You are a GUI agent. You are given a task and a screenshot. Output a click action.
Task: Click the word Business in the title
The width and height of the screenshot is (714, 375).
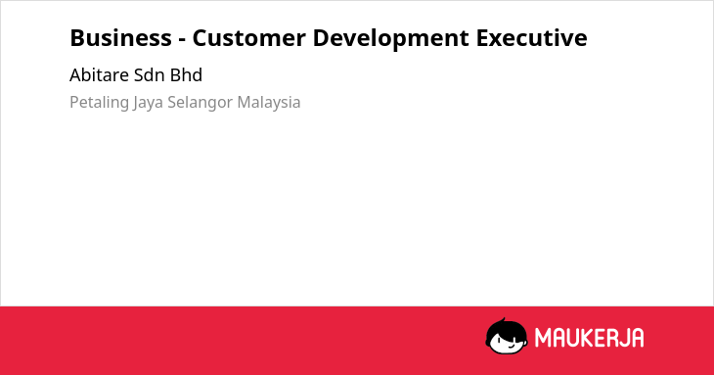[120, 38]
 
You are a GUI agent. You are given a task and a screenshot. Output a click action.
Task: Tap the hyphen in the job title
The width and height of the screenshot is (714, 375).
[182, 39]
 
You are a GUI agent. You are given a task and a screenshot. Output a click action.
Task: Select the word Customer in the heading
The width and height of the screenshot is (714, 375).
[249, 38]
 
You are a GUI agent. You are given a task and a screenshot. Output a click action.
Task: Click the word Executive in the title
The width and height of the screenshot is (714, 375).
[531, 38]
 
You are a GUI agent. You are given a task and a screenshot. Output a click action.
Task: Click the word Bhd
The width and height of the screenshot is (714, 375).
[186, 75]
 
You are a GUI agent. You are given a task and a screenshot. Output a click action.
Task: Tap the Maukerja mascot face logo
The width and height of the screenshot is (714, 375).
[507, 337]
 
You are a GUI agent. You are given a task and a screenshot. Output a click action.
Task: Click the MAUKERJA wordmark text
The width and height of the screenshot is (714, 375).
[589, 338]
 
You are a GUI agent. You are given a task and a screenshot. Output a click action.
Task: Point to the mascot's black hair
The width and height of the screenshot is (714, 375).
[506, 327]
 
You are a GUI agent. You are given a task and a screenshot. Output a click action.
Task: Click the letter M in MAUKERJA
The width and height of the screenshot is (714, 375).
[543, 338]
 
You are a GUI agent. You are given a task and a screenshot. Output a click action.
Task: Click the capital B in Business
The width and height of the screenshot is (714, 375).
[76, 38]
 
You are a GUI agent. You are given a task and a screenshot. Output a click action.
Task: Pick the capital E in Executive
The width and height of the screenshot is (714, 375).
[482, 38]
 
